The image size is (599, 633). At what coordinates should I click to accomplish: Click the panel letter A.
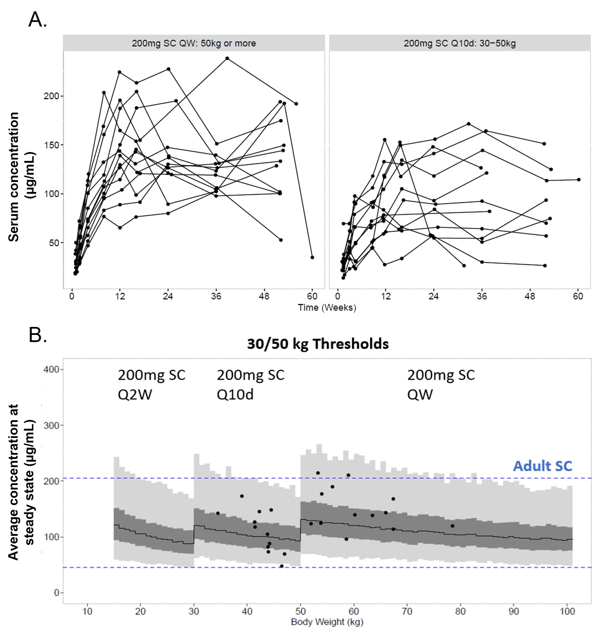click(37, 19)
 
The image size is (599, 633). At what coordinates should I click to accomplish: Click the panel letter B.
click(37, 335)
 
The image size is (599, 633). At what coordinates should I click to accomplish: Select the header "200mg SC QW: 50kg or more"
click(194, 43)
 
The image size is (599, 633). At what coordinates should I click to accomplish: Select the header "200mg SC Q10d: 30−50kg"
click(459, 43)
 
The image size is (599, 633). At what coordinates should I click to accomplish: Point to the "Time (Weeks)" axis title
click(327, 308)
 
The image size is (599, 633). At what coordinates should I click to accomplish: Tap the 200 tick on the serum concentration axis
click(51, 96)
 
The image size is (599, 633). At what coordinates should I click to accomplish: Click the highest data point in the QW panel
click(227, 58)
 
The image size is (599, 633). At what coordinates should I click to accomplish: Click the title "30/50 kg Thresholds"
click(318, 344)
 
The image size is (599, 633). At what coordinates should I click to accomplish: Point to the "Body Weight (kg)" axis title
click(327, 622)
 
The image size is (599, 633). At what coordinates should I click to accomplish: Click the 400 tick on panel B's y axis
click(51, 370)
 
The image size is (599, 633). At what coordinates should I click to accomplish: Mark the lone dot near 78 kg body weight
click(452, 526)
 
